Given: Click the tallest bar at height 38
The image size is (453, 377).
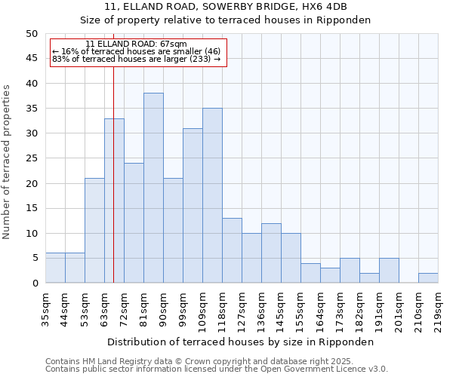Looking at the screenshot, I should click(153, 188).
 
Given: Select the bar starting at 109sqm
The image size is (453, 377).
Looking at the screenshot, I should click(212, 195).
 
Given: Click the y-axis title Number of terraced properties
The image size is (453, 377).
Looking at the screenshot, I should click(8, 162).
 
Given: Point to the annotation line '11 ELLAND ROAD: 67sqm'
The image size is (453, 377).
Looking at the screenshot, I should click(136, 44).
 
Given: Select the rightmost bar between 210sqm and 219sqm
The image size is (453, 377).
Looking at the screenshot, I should click(428, 278).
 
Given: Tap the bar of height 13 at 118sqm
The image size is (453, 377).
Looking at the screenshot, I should click(232, 250).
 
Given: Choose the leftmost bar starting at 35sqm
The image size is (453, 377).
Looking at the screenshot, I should click(55, 268).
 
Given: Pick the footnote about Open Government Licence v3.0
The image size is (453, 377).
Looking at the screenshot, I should click(217, 369).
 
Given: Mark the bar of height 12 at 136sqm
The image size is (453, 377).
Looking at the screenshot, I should click(271, 253).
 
